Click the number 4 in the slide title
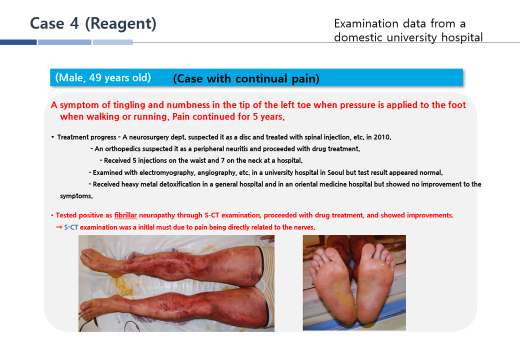[74, 23]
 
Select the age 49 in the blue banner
[95, 77]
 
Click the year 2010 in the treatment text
[382, 137]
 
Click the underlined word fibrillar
[125, 215]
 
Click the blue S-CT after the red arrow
[71, 227]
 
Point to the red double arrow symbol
[59, 227]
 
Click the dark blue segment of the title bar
[18, 42]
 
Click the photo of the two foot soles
[354, 283]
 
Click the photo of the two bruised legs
[176, 283]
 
